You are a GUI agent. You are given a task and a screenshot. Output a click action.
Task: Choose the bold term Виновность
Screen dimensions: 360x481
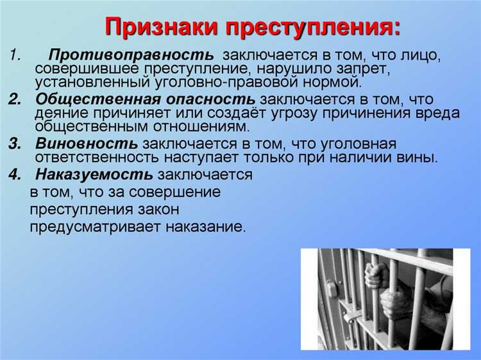[x=87, y=143]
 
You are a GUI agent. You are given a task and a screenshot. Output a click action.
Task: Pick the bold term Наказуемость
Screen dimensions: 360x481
[x=94, y=175]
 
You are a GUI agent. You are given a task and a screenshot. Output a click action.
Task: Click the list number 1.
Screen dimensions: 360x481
[x=14, y=56]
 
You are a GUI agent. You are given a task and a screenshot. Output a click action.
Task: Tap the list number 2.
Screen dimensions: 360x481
[x=15, y=99]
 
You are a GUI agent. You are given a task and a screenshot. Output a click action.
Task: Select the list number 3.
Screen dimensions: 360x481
[x=15, y=143]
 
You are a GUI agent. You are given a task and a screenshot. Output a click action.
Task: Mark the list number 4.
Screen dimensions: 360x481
[x=15, y=175]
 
